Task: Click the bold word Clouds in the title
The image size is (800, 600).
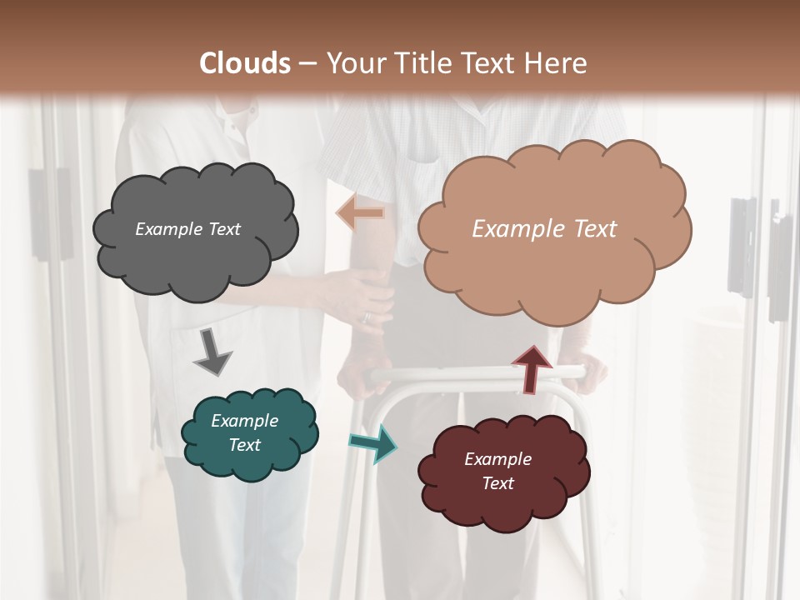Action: click(245, 63)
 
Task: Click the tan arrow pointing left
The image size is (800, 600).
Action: click(360, 213)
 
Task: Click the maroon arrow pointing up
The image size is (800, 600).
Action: click(531, 368)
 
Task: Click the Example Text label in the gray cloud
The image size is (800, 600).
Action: click(187, 229)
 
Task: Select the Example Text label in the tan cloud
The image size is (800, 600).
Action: click(544, 229)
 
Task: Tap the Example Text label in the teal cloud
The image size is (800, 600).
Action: click(244, 432)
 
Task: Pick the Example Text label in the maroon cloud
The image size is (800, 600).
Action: click(497, 471)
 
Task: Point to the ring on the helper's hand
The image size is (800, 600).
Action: click(365, 317)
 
